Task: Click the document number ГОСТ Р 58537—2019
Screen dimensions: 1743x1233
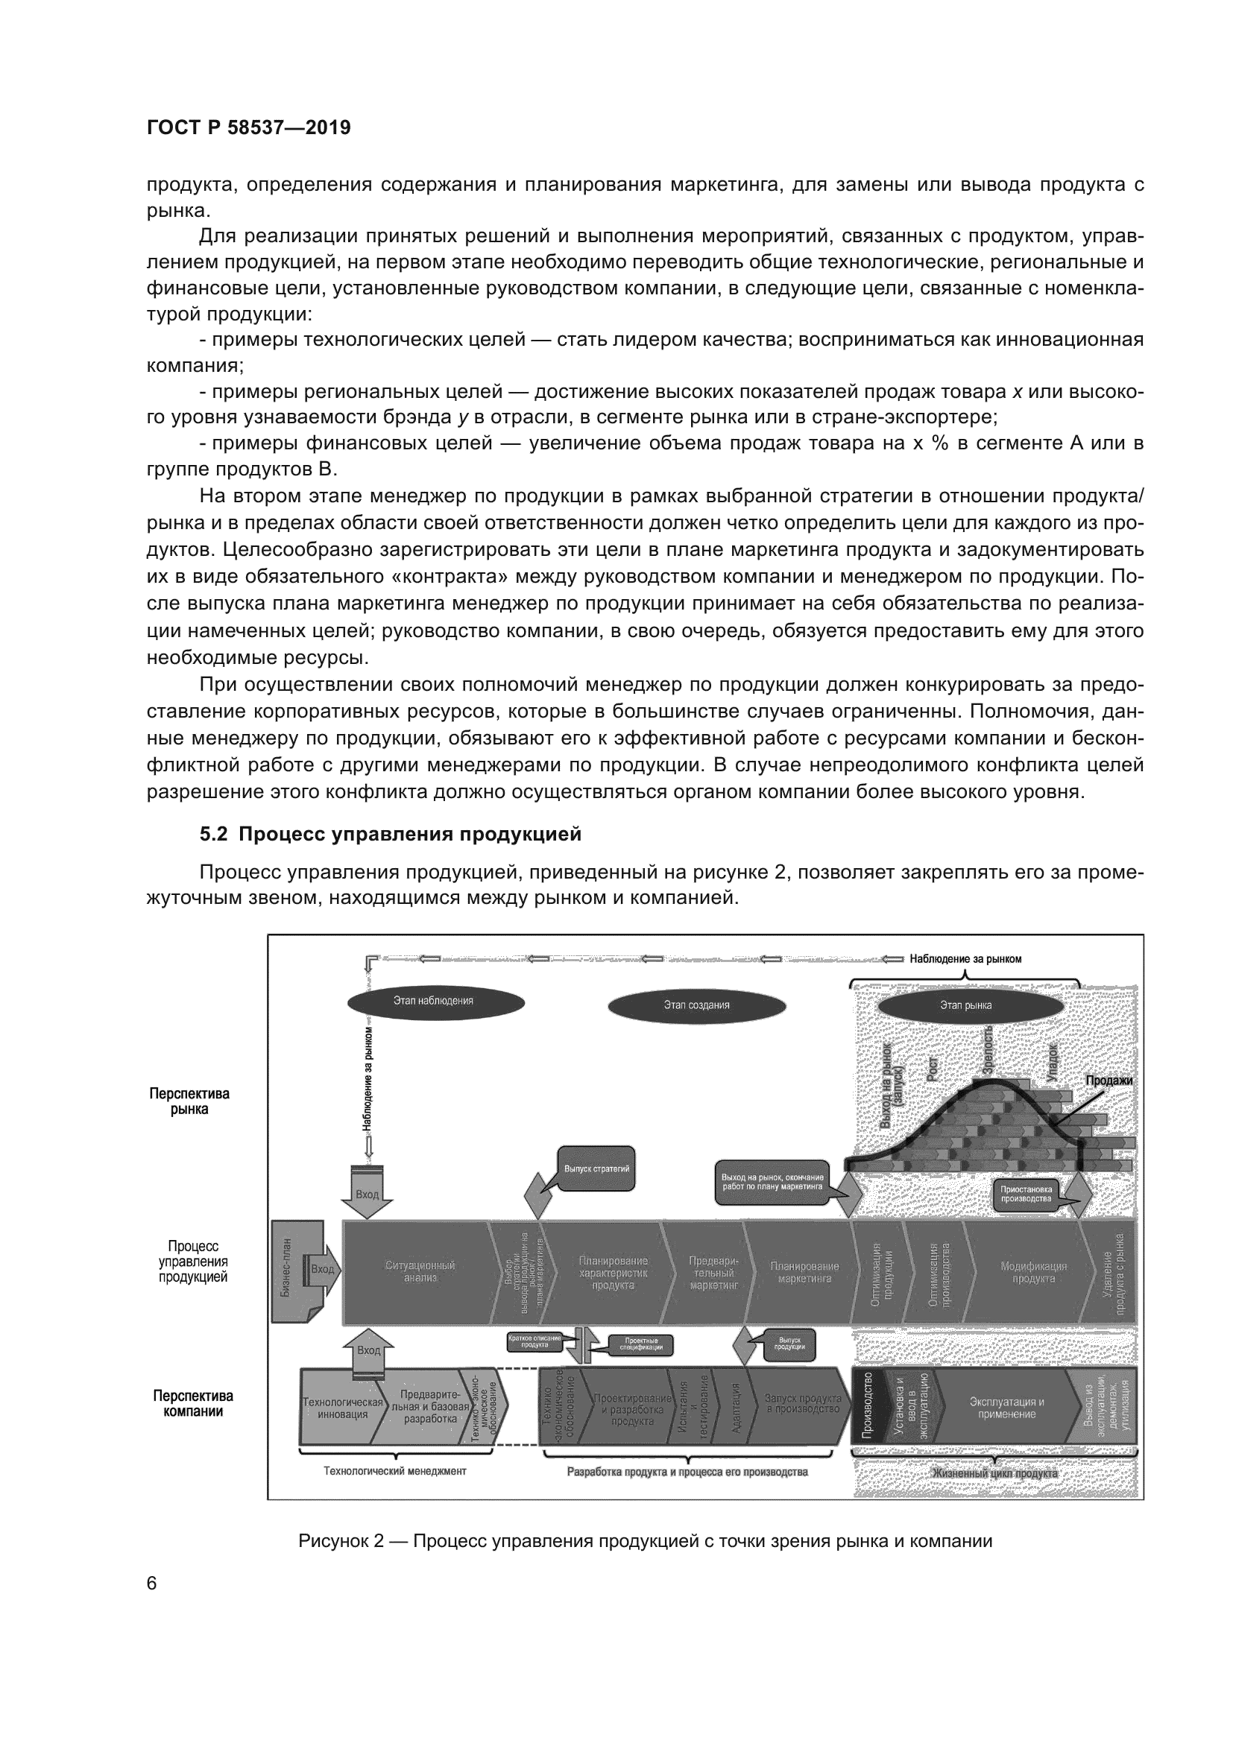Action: pos(248,127)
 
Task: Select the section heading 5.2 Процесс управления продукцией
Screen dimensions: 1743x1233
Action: pos(390,835)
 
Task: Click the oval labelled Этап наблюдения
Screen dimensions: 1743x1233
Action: pos(436,1002)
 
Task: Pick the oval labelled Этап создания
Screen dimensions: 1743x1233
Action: pos(696,1006)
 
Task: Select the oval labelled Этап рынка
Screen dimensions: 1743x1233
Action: pos(971,1006)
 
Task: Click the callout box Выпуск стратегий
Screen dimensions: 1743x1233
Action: pos(597,1169)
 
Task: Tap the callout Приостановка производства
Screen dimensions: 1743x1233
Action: pos(1026,1194)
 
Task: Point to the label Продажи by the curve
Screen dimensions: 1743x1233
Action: pos(1108,1081)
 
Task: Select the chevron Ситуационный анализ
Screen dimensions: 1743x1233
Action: pos(420,1271)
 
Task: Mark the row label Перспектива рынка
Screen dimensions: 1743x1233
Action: pos(189,1101)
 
